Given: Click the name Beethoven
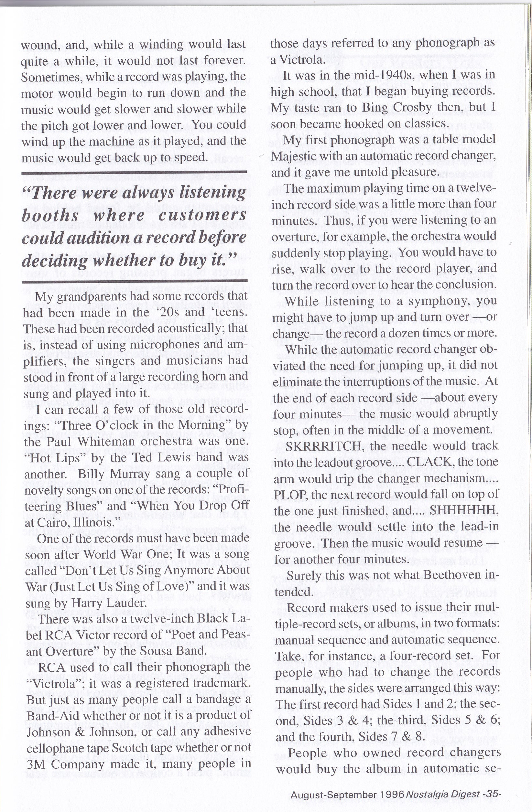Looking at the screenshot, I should [450, 576].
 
